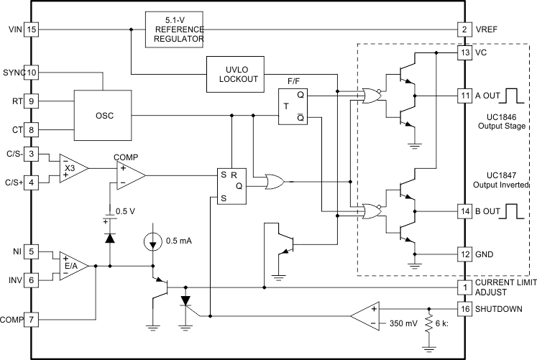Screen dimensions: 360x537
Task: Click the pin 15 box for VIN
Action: [31, 29]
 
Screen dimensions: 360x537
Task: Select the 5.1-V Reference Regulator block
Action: [175, 29]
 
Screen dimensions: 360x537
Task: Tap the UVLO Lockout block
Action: [237, 74]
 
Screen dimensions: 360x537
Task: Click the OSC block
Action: [104, 115]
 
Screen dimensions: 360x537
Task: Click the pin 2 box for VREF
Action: [465, 29]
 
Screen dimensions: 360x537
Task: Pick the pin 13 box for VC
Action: [465, 52]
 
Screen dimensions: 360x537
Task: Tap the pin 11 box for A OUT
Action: [465, 95]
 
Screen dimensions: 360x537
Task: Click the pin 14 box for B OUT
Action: [465, 211]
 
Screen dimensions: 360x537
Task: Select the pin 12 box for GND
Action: [465, 254]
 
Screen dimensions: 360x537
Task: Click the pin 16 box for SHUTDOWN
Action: [465, 309]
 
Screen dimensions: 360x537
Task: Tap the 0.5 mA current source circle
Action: [152, 239]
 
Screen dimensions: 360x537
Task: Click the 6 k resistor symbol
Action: [429, 323]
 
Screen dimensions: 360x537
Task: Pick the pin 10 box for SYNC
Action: [31, 73]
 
